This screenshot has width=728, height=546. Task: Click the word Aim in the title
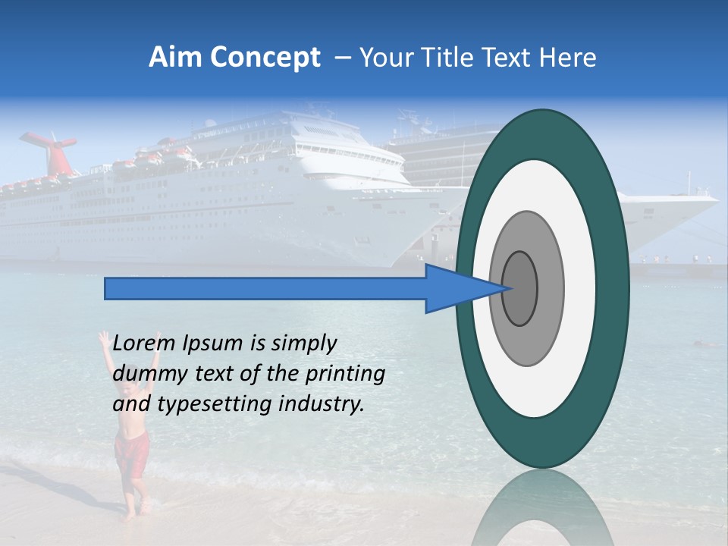coord(176,58)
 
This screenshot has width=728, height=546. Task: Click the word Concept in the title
coord(266,58)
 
